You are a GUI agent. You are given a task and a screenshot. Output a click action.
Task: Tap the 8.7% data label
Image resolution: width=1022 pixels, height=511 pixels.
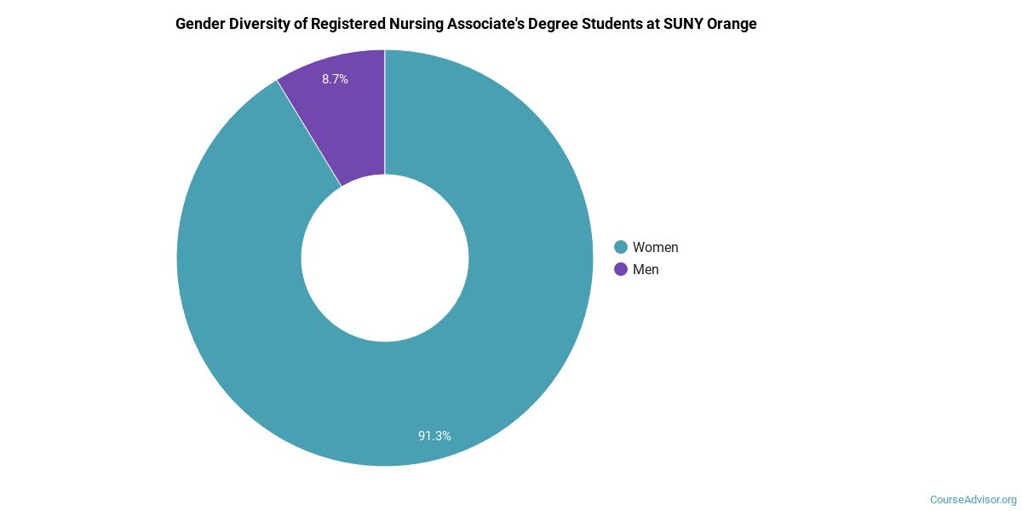click(335, 79)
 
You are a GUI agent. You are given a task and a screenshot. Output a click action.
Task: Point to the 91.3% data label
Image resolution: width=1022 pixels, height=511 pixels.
click(434, 436)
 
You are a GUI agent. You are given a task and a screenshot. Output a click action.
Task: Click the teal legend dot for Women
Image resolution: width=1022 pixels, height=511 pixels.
click(621, 247)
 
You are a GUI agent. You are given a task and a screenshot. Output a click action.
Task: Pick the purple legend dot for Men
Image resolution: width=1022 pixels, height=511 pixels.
click(621, 269)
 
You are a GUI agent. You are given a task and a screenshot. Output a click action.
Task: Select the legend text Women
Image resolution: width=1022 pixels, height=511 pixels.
click(655, 247)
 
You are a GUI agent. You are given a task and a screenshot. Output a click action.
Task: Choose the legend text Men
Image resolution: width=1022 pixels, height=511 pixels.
click(646, 269)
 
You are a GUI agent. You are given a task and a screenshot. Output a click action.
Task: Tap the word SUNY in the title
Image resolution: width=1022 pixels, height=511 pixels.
click(686, 24)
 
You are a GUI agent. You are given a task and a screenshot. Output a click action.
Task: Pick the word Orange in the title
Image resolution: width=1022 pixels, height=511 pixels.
click(732, 24)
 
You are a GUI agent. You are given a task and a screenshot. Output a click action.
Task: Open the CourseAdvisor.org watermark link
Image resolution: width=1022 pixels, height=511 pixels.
click(973, 499)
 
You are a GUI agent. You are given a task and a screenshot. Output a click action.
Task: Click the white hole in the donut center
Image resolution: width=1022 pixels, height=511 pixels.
click(385, 258)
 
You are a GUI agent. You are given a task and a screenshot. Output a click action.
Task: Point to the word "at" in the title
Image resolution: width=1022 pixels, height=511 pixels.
click(658, 24)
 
